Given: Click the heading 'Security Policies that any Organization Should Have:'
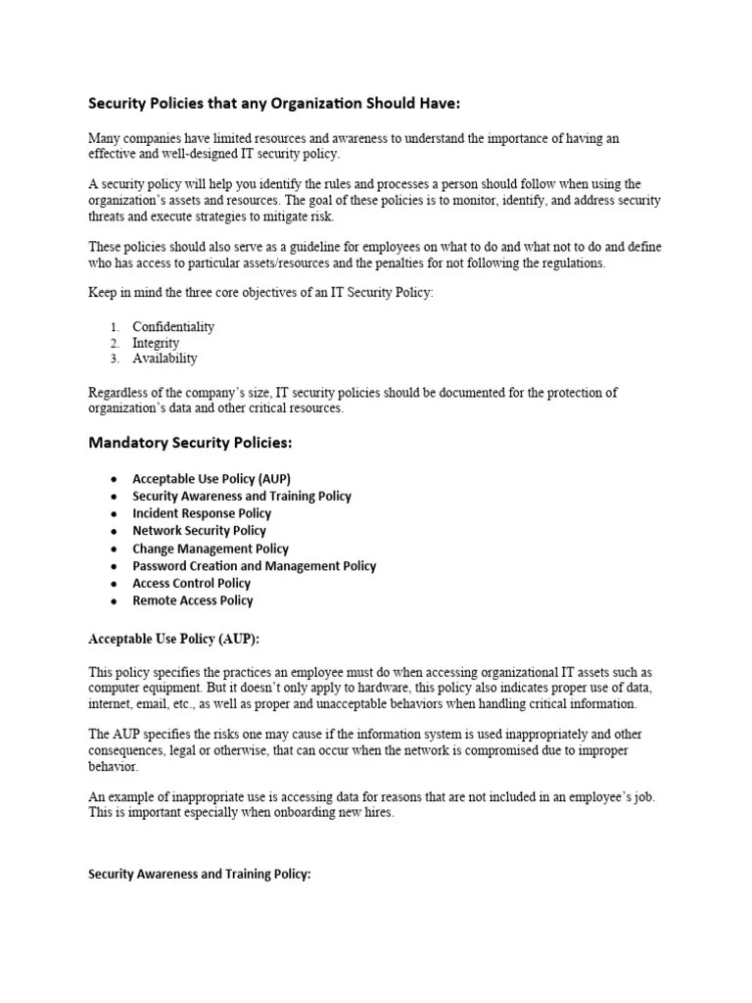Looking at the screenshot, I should pos(273,103).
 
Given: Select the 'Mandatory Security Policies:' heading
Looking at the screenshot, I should pos(190,443).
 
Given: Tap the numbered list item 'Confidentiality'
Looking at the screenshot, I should pos(173,326).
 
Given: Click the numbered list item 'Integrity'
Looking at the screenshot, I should pos(156,343).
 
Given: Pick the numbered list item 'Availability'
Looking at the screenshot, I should pos(164,359).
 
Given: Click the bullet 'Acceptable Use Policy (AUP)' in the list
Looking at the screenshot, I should pos(211,478).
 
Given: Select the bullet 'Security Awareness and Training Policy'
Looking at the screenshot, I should pos(242,496).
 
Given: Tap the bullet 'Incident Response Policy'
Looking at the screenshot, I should pos(202,513).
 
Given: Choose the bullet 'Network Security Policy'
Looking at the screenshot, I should pos(199,531).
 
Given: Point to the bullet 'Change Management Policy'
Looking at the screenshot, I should pos(211,549).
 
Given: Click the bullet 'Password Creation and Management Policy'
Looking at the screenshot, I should pos(254,566).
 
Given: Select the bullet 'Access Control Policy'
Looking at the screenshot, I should pos(192,584).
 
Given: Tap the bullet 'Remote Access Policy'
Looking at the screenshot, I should pos(192,600).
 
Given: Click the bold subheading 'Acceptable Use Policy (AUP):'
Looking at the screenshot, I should pos(172,639).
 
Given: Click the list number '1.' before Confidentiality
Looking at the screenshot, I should pos(115,326).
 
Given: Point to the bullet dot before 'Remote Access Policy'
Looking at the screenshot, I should pos(114,601).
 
